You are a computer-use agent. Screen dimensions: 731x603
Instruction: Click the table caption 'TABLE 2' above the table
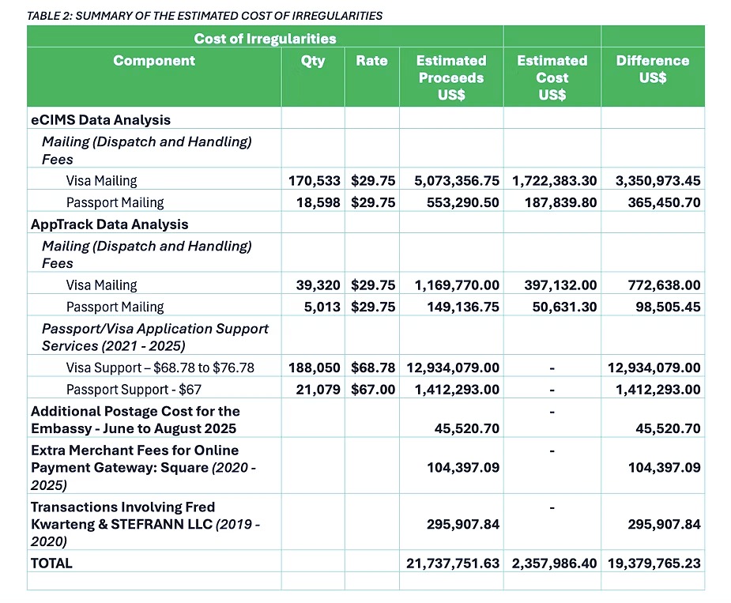[49, 16]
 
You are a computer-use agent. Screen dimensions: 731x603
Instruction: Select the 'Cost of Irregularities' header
[265, 38]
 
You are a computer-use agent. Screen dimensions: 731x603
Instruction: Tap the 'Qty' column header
[313, 61]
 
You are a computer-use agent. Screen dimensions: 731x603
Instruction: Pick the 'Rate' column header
[371, 61]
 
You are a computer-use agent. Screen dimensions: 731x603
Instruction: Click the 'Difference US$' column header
[653, 69]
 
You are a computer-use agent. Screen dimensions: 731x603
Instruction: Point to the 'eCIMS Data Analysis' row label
[100, 120]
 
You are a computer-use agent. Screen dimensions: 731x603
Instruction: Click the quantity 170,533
[315, 180]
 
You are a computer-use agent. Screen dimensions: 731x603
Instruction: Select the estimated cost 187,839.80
[561, 202]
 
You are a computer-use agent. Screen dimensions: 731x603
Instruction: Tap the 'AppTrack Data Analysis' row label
[110, 224]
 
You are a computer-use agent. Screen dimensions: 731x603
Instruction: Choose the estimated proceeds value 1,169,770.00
[457, 285]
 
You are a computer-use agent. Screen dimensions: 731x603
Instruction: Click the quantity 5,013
[322, 307]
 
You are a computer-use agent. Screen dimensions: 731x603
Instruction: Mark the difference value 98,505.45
[668, 307]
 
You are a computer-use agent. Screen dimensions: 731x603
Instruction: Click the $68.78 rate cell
[373, 367]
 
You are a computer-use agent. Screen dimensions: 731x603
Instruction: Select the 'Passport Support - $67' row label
[134, 390]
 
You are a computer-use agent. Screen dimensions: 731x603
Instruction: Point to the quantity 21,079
[318, 390]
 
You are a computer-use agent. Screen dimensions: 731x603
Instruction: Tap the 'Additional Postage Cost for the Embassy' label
[135, 420]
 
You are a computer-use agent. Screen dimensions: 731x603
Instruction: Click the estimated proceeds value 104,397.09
[463, 467]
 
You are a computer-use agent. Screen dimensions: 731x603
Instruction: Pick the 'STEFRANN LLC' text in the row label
[161, 524]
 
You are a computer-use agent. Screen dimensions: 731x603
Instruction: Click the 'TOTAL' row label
[51, 563]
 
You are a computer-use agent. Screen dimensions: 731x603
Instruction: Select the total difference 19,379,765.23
[654, 563]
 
